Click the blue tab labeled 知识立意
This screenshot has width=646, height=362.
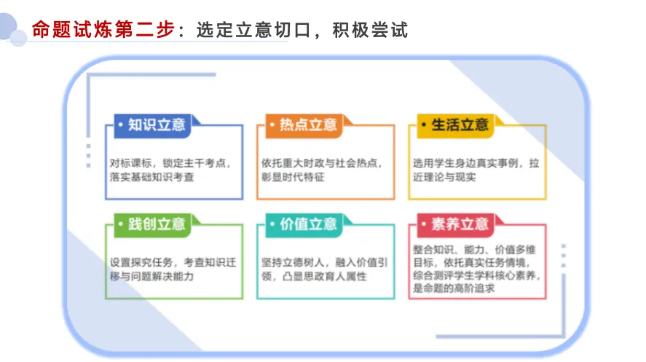pyautogui.click(x=153, y=125)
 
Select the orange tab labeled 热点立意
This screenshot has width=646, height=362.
pyautogui.click(x=304, y=125)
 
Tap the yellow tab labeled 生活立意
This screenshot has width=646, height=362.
pyautogui.click(x=456, y=125)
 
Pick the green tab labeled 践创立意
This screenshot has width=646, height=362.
pyautogui.click(x=153, y=225)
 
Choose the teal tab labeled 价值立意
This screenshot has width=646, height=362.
pyautogui.click(x=304, y=225)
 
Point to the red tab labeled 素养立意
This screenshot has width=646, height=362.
pyautogui.click(x=456, y=225)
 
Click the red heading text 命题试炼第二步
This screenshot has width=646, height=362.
pyautogui.click(x=103, y=30)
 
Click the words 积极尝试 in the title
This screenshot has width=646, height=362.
pyautogui.click(x=370, y=30)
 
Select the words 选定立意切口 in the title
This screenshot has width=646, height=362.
pyautogui.click(x=253, y=30)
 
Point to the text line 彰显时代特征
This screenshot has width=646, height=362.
pyautogui.click(x=293, y=177)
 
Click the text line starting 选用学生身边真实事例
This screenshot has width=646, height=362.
pyautogui.click(x=476, y=163)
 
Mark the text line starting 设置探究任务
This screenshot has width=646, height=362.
pyautogui.click(x=173, y=262)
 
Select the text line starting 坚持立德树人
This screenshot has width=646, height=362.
pyautogui.click(x=325, y=262)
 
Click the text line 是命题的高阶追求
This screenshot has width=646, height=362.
pyautogui.click(x=454, y=288)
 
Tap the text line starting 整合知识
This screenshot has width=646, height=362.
pyautogui.click(x=474, y=250)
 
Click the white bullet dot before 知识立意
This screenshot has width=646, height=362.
pyautogui.click(x=121, y=125)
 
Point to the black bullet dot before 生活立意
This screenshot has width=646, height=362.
pyautogui.click(x=424, y=125)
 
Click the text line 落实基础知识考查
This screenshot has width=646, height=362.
pyautogui.click(x=151, y=177)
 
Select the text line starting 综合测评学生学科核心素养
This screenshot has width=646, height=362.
pyautogui.click(x=477, y=275)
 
